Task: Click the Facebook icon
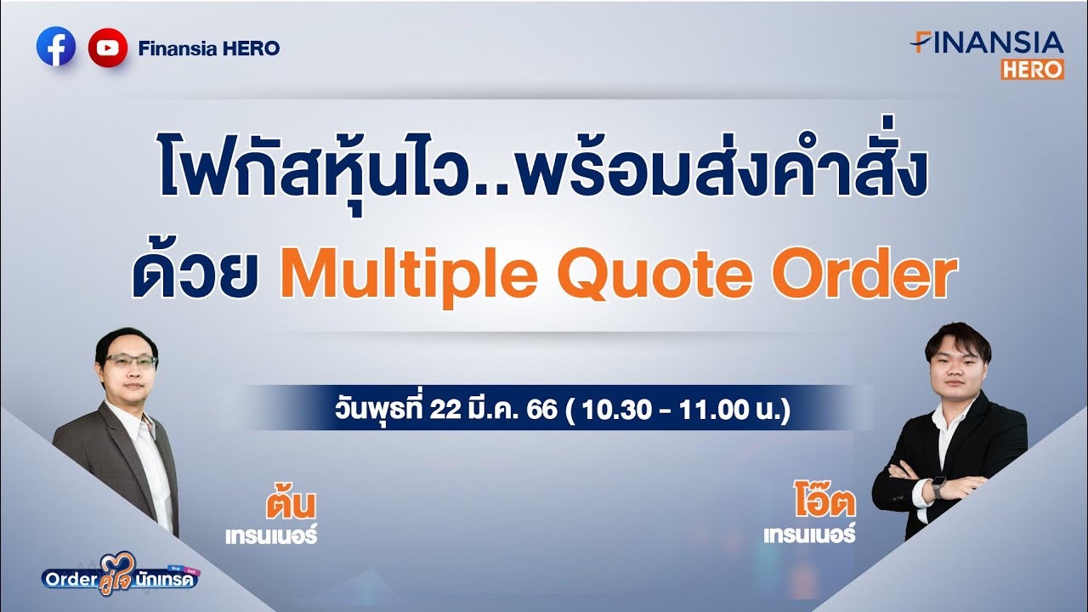[56, 48]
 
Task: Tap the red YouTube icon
[107, 48]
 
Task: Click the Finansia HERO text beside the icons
[208, 48]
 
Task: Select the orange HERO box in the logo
[1032, 70]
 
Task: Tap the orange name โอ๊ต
[821, 503]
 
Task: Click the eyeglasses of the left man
[131, 360]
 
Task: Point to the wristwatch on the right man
[938, 487]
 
